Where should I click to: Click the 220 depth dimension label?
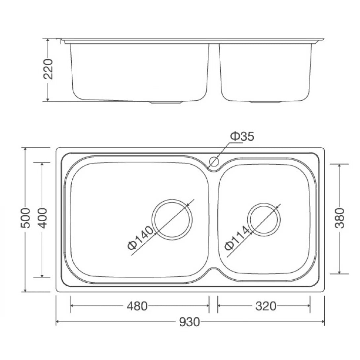(x=48, y=69)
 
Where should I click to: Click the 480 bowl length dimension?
(x=137, y=306)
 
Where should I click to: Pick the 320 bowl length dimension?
(x=266, y=306)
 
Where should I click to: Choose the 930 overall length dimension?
(x=190, y=322)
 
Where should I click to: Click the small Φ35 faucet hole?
(x=214, y=162)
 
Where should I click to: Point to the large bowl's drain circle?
(x=172, y=219)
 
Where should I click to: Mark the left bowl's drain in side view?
(x=166, y=102)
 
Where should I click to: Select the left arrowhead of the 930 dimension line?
(x=57, y=322)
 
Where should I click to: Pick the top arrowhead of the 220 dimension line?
(x=48, y=40)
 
